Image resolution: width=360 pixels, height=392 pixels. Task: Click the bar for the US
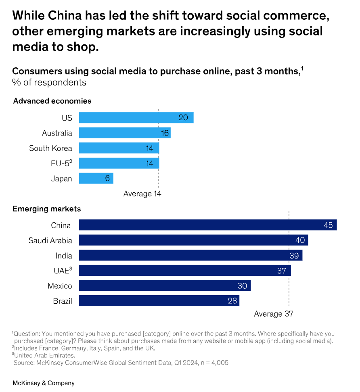click(x=136, y=118)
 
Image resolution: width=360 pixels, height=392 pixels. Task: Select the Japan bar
click(x=96, y=178)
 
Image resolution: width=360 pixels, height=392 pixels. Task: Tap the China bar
click(x=207, y=225)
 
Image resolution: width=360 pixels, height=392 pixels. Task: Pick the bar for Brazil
click(x=159, y=301)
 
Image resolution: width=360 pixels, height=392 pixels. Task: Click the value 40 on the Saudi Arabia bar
click(x=300, y=240)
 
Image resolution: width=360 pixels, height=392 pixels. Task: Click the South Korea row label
click(x=50, y=148)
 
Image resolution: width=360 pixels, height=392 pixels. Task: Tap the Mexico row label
click(x=60, y=286)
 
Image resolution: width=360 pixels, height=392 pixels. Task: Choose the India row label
click(x=64, y=256)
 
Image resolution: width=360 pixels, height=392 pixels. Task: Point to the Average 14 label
click(x=142, y=194)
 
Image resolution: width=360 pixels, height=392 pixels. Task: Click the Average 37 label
click(x=273, y=314)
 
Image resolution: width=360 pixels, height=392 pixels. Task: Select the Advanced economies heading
click(x=52, y=101)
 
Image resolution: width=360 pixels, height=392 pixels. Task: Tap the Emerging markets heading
click(x=47, y=209)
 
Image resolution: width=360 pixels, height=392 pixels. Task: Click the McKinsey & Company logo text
click(x=44, y=383)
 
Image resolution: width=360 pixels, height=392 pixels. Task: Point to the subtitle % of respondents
click(x=49, y=82)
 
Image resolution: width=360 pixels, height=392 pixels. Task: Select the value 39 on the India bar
click(x=294, y=256)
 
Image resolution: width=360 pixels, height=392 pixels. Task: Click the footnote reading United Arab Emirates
click(x=45, y=355)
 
